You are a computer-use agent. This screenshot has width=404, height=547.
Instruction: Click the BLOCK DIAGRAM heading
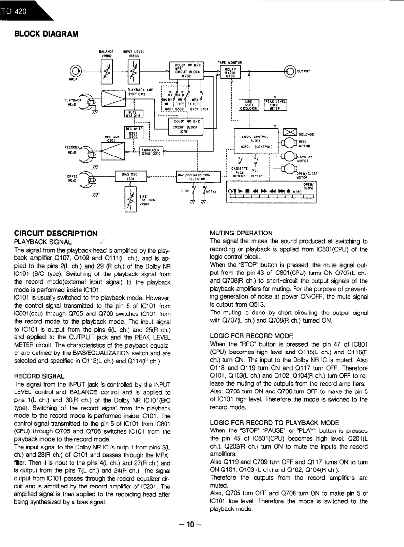[x=46, y=34]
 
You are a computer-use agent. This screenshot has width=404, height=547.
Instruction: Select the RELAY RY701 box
[x=230, y=72]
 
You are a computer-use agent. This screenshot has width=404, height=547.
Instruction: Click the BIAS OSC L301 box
[x=130, y=177]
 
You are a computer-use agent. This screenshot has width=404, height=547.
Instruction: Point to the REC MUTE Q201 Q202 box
[x=131, y=133]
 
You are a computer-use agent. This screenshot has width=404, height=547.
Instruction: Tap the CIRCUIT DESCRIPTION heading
[x=56, y=233]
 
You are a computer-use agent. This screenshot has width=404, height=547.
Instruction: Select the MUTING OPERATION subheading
[x=241, y=233]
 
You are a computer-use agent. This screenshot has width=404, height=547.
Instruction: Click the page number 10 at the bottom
[x=186, y=525]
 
